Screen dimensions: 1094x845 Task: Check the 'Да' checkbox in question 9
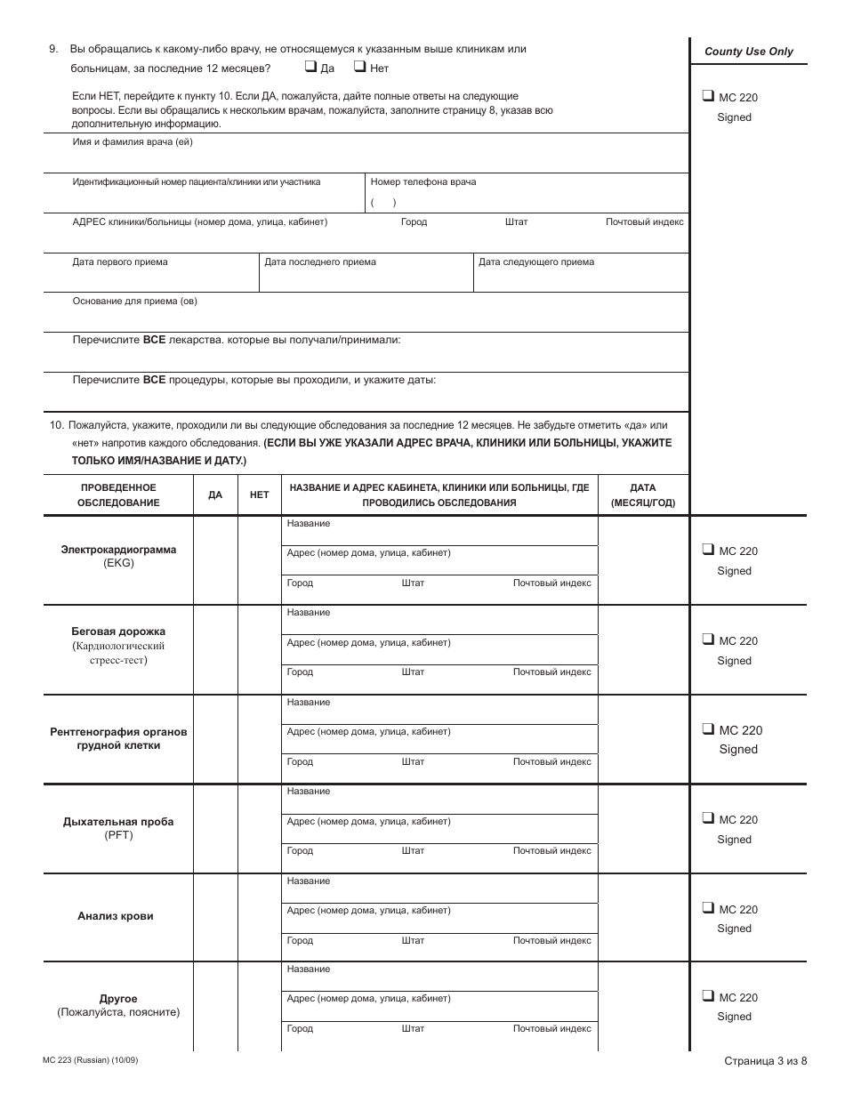(310, 67)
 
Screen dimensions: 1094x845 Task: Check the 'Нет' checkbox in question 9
(360, 67)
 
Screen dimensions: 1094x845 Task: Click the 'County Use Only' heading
(748, 52)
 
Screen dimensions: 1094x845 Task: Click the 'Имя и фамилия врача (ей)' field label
(133, 142)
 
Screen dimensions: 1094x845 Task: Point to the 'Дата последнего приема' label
(320, 261)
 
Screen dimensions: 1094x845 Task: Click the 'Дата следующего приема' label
(536, 261)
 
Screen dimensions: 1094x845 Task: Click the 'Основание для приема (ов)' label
(134, 301)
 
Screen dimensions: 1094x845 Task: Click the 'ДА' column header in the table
(215, 495)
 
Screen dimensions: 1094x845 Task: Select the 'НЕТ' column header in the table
(259, 495)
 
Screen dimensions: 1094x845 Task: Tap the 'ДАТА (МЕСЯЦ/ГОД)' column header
(643, 495)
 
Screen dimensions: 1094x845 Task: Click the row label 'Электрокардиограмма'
(118, 550)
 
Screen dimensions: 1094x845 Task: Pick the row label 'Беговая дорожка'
(118, 631)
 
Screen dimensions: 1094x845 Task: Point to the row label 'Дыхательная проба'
(118, 821)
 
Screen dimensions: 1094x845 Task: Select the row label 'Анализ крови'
(116, 916)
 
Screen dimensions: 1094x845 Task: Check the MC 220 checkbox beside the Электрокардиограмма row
(708, 550)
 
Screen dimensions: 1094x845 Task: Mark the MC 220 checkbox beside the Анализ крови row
(708, 908)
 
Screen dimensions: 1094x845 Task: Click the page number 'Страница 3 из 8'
(765, 1060)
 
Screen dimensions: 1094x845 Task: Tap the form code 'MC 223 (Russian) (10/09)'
(90, 1060)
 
